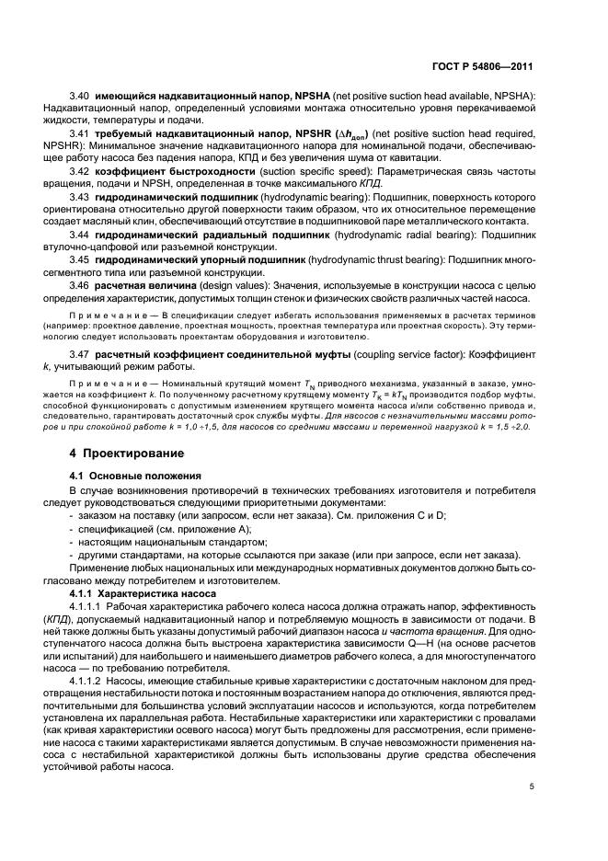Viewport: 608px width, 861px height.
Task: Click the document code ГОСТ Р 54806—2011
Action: click(x=485, y=66)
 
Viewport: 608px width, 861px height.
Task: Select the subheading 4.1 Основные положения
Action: click(x=135, y=476)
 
